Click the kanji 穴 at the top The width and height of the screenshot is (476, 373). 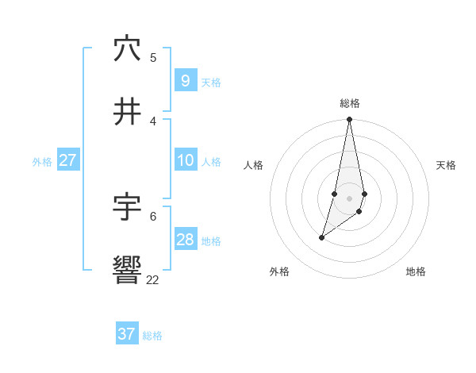pos(127,48)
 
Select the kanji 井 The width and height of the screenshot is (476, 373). pos(127,113)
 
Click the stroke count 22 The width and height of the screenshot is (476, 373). pos(152,279)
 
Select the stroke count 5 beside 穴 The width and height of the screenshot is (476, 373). pos(153,57)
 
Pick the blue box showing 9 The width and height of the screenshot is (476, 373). pos(185,80)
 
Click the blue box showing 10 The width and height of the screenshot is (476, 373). pos(185,160)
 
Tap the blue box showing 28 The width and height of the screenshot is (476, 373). pos(185,240)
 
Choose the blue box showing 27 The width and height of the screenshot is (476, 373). pos(67,160)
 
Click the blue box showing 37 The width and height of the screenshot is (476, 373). pos(127,334)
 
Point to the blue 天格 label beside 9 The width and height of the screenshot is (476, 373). pos(211,82)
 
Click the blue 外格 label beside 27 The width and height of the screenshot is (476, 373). pos(42,162)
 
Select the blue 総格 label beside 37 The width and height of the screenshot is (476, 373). pos(152,336)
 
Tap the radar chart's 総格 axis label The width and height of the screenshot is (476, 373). pos(350,103)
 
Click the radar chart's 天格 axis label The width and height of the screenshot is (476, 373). pos(446,165)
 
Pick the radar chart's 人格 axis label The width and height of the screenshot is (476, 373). pos(254,165)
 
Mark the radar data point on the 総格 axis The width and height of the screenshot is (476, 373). pos(350,119)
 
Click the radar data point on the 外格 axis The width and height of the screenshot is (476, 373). pos(321,237)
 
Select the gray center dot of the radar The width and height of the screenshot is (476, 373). pos(350,198)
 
